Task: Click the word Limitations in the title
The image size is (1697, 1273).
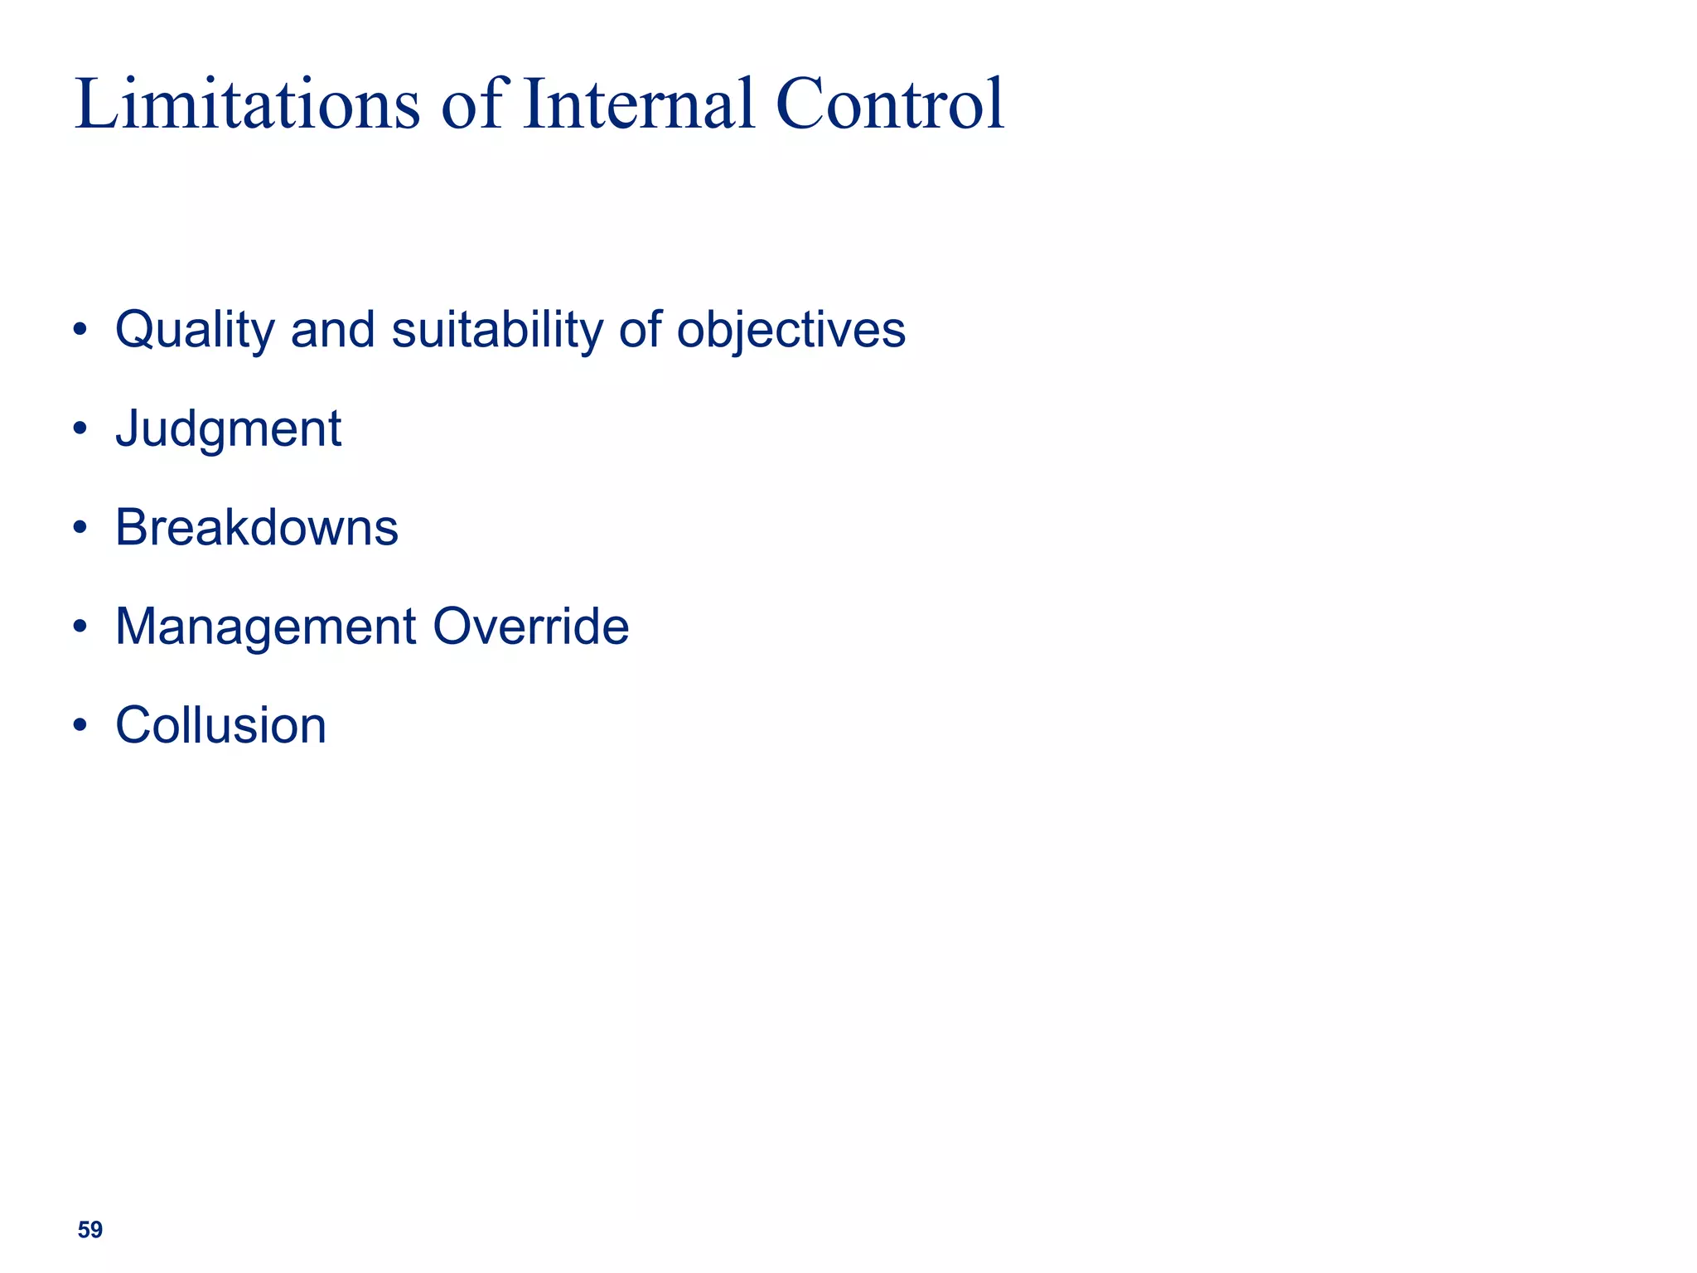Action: (247, 104)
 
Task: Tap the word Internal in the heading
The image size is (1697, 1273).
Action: (639, 104)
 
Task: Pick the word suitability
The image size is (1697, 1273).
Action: (497, 330)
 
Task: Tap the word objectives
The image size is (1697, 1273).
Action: (790, 330)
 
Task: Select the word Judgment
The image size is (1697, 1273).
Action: (228, 429)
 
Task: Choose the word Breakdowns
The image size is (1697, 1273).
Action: (256, 528)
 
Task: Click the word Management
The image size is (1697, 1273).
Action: (265, 627)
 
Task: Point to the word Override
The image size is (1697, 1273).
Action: (530, 627)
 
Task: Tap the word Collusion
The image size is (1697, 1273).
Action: (220, 725)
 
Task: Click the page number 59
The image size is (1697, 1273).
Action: (89, 1230)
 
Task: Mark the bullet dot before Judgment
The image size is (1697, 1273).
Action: (80, 429)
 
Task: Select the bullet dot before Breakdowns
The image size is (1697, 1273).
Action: (80, 528)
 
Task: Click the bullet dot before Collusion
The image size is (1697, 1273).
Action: (80, 725)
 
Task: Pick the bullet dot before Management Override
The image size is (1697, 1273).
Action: (80, 627)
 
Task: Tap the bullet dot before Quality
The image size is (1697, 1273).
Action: (80, 330)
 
